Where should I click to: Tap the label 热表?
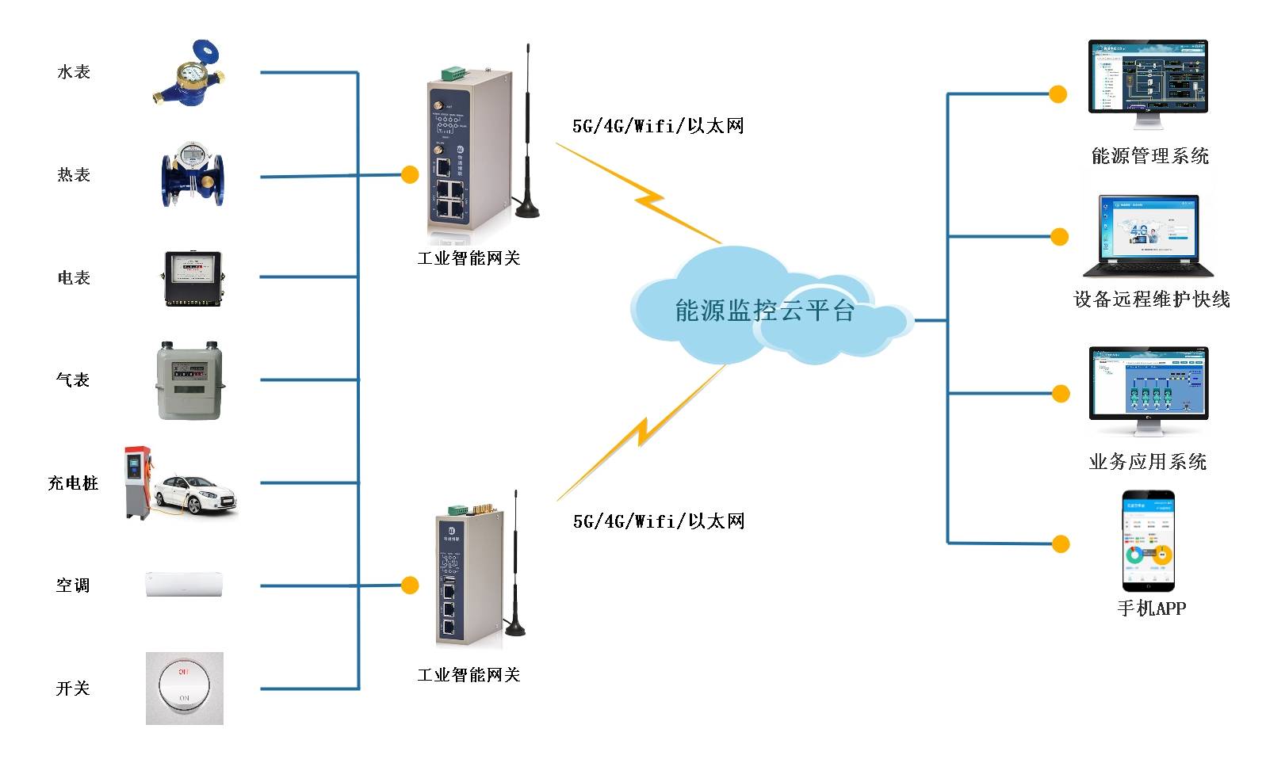tap(74, 175)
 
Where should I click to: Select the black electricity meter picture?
tap(193, 278)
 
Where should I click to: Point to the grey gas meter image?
tap(190, 380)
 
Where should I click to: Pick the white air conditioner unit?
tap(185, 585)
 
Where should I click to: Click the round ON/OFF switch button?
tap(185, 688)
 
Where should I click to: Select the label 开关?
tap(73, 689)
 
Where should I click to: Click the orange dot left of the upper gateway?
tap(410, 174)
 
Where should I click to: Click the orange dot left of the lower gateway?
tap(410, 586)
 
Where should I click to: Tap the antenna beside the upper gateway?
tap(527, 135)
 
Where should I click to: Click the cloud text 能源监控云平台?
tap(764, 311)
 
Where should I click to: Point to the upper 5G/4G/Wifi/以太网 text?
tap(658, 126)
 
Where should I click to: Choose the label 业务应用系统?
tap(1147, 462)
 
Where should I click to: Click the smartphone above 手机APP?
tap(1147, 541)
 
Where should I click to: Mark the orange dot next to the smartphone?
tap(1060, 544)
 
